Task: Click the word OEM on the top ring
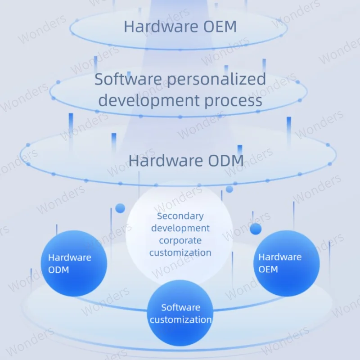tap(220, 26)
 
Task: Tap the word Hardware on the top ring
tap(161, 26)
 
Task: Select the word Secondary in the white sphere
tap(180, 216)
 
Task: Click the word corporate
tap(180, 240)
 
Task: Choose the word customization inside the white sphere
tap(180, 252)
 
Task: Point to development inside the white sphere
tap(180, 228)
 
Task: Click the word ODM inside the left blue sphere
tap(58, 270)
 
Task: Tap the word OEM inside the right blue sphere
tap(268, 269)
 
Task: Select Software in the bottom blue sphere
tap(180, 307)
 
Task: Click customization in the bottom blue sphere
tap(180, 319)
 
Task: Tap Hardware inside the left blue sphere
tap(69, 257)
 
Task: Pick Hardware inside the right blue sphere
tap(280, 257)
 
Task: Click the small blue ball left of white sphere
tap(120, 208)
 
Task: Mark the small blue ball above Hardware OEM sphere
tap(256, 229)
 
